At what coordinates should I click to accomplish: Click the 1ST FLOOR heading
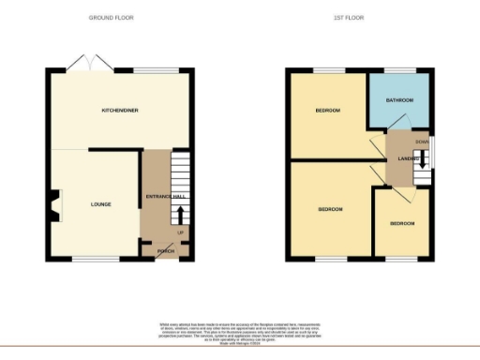pyautogui.click(x=348, y=17)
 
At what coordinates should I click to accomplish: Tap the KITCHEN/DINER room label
pyautogui.click(x=120, y=111)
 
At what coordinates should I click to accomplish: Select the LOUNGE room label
pyautogui.click(x=101, y=202)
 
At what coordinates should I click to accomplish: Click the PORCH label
pyautogui.click(x=166, y=251)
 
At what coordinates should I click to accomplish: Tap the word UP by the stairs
pyautogui.click(x=179, y=231)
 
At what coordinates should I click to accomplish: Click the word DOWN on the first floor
pyautogui.click(x=423, y=142)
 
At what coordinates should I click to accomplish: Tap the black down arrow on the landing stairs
pyautogui.click(x=423, y=158)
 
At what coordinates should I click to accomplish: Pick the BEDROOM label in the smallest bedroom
pyautogui.click(x=402, y=223)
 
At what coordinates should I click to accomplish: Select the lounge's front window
pyautogui.click(x=92, y=260)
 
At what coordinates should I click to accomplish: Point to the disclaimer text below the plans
pyautogui.click(x=240, y=331)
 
